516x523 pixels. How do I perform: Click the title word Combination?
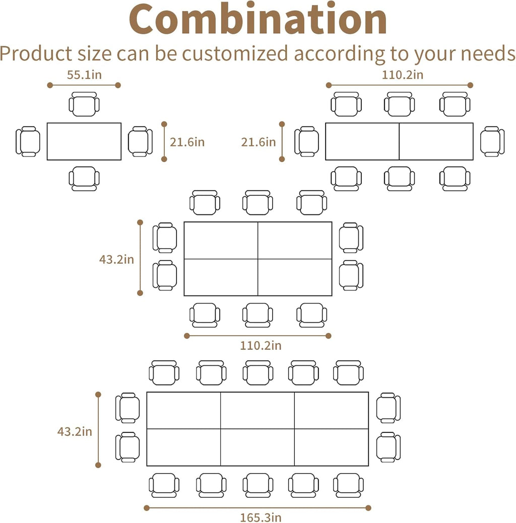[258, 20]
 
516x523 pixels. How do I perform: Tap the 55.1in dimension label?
[84, 76]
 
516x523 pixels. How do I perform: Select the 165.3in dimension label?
[257, 517]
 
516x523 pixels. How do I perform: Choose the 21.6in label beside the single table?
[187, 142]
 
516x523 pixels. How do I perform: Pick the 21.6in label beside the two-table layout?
[259, 142]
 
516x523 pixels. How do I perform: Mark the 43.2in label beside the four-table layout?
[116, 259]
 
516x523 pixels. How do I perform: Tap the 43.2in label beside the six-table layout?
[75, 431]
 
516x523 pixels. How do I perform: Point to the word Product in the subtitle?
[37, 53]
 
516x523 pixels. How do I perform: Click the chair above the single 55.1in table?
[84, 104]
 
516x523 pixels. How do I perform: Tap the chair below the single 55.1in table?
[84, 179]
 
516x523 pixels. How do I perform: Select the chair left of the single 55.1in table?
[28, 141]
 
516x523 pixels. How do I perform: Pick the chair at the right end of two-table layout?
[492, 141]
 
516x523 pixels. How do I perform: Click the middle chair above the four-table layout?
[257, 202]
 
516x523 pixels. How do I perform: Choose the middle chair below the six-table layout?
[257, 485]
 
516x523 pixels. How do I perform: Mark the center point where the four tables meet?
[258, 259]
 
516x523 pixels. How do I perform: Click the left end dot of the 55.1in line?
[50, 85]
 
